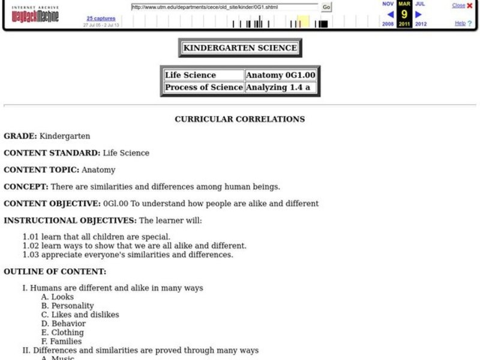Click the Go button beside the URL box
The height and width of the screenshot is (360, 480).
coord(326,7)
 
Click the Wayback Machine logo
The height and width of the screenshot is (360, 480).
coord(35,14)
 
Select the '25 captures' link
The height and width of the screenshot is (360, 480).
coord(97,19)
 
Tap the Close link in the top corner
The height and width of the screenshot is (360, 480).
coord(458,5)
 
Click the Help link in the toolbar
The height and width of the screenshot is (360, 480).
coord(460,23)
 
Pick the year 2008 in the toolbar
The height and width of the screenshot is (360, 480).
coord(388,24)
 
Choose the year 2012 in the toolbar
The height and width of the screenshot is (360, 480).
coord(421,24)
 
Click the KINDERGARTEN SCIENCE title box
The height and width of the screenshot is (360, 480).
coord(240,48)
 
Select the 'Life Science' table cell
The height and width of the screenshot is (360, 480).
coord(204,75)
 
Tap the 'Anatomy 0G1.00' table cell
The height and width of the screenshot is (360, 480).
coord(280,75)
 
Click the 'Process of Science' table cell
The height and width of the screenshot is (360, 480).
coord(204,87)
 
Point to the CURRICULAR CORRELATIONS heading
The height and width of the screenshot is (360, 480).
coord(239,119)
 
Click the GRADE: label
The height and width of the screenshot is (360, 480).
coord(20,136)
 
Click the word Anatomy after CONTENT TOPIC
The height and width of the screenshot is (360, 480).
coord(98,170)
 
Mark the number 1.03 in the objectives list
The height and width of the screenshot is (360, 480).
coord(31,254)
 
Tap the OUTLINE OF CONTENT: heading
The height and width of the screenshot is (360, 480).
coord(55,271)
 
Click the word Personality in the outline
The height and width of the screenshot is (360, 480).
coord(73,305)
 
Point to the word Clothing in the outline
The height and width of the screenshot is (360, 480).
coord(67,332)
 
